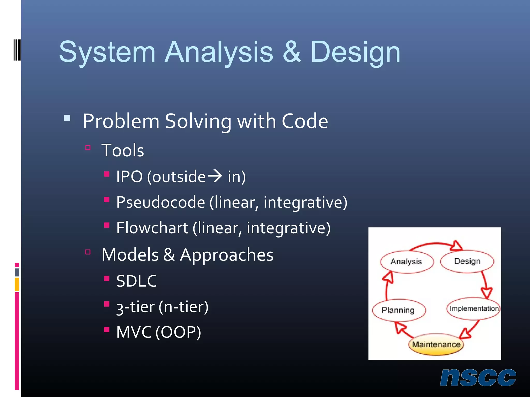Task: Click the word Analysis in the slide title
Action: pyautogui.click(x=219, y=52)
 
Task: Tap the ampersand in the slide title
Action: pyautogui.click(x=292, y=52)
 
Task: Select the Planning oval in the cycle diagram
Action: pyautogui.click(x=399, y=310)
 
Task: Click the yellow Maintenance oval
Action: pyautogui.click(x=436, y=345)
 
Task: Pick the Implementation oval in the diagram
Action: pyautogui.click(x=474, y=309)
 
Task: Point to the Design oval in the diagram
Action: pyautogui.click(x=467, y=261)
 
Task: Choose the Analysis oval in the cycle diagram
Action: pyautogui.click(x=406, y=262)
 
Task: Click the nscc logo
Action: pyautogui.click(x=478, y=378)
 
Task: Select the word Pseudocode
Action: pyautogui.click(x=160, y=202)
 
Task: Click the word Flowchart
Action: pyautogui.click(x=152, y=228)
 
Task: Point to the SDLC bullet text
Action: pyautogui.click(x=136, y=281)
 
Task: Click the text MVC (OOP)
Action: pyautogui.click(x=158, y=332)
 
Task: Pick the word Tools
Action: pyautogui.click(x=123, y=150)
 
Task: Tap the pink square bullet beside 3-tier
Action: pyautogui.click(x=107, y=304)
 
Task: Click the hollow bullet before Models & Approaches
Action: pyautogui.click(x=88, y=252)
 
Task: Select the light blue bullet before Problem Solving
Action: pyautogui.click(x=67, y=118)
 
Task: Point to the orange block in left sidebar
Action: pyautogui.click(x=17, y=284)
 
